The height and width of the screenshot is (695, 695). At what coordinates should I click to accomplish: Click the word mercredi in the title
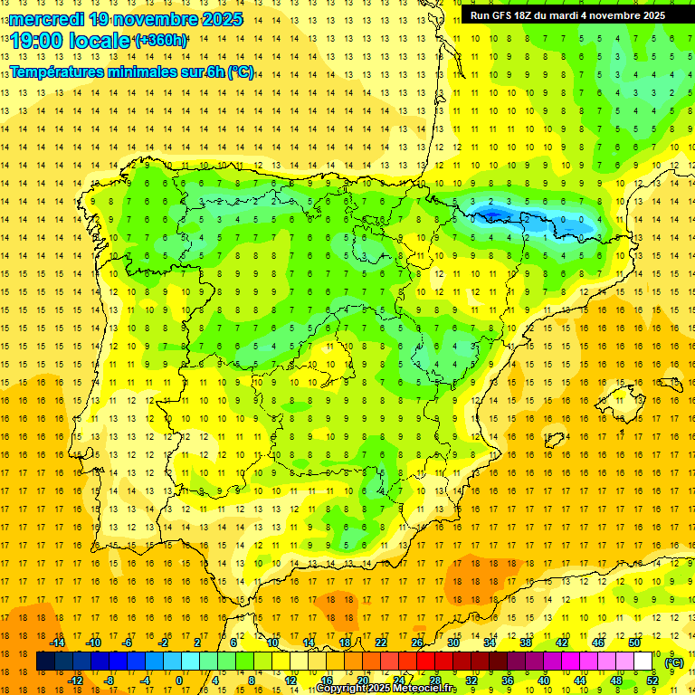point(47,19)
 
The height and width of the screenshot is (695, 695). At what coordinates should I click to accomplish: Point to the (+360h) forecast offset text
point(161,41)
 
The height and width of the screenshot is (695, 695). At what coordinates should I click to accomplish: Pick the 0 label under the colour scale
point(179,680)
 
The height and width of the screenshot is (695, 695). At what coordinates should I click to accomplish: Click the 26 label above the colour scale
point(416,643)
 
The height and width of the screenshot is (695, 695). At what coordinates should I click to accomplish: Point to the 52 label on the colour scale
point(652,680)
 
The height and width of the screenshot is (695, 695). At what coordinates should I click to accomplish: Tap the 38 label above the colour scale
point(525,643)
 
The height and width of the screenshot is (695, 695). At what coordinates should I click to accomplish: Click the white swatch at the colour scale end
point(643,662)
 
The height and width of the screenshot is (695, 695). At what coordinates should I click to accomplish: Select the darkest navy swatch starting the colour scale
point(45,662)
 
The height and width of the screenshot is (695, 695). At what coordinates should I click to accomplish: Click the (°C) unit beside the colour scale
point(674,662)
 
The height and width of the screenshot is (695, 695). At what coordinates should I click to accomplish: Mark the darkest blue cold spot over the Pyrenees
point(494,214)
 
